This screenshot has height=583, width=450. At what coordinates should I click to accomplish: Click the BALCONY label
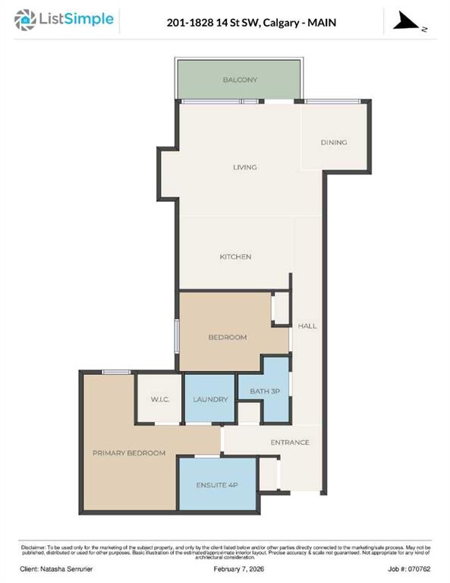pyautogui.click(x=240, y=80)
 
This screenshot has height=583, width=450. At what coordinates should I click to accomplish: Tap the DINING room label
pyautogui.click(x=334, y=143)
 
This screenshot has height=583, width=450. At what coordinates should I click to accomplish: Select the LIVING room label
pyautogui.click(x=245, y=167)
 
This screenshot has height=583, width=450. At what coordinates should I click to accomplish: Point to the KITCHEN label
pyautogui.click(x=235, y=257)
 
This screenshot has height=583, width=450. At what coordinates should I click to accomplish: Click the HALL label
pyautogui.click(x=307, y=326)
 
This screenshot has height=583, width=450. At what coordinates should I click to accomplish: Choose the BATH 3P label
pyautogui.click(x=265, y=391)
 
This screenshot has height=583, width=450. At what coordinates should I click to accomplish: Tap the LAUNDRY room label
pyautogui.click(x=210, y=399)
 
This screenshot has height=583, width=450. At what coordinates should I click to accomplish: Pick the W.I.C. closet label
pyautogui.click(x=160, y=400)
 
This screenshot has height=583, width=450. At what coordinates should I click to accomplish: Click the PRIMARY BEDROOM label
pyautogui.click(x=129, y=453)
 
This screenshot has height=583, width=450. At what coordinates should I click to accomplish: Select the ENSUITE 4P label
pyautogui.click(x=217, y=485)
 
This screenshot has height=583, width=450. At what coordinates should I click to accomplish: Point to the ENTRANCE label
pyautogui.click(x=290, y=442)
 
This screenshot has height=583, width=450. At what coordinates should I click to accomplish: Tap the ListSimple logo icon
pyautogui.click(x=25, y=20)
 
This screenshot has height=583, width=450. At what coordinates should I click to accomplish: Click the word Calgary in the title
pyautogui.click(x=281, y=23)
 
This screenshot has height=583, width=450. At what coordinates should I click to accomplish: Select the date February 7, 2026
pyautogui.click(x=239, y=569)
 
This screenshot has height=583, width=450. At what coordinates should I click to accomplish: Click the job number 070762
pyautogui.click(x=419, y=569)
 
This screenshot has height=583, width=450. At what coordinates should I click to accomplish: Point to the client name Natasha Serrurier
pyautogui.click(x=67, y=569)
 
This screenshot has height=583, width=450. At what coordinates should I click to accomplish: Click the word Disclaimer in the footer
pyautogui.click(x=33, y=547)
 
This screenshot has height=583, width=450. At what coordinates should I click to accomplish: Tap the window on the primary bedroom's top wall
pyautogui.click(x=116, y=372)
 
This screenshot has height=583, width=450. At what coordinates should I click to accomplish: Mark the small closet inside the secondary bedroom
pyautogui.click(x=282, y=309)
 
